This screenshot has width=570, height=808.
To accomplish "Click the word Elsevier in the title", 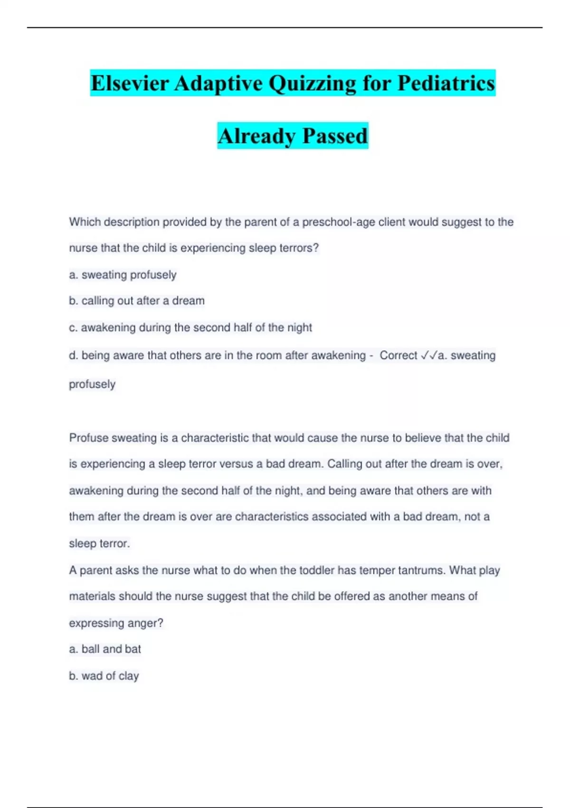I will click(x=130, y=84).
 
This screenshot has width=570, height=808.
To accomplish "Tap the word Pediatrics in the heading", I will click(x=446, y=84).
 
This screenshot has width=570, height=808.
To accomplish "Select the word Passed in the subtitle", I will click(x=335, y=136).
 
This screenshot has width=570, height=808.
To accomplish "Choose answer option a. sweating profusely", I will click(x=123, y=275).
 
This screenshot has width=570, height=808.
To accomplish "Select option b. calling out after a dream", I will click(x=137, y=301).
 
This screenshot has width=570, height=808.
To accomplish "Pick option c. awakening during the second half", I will click(x=190, y=327).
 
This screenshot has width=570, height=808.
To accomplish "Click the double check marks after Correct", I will click(x=429, y=356).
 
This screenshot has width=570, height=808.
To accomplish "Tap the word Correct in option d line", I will click(x=398, y=356).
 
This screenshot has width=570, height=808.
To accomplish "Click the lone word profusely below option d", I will click(x=92, y=384).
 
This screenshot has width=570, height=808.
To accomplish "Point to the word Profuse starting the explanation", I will click(x=88, y=438).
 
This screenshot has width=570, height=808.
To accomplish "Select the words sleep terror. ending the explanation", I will click(x=99, y=543).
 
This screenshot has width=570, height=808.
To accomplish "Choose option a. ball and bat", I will click(x=105, y=649).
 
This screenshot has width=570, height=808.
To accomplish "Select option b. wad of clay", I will click(x=104, y=676).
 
